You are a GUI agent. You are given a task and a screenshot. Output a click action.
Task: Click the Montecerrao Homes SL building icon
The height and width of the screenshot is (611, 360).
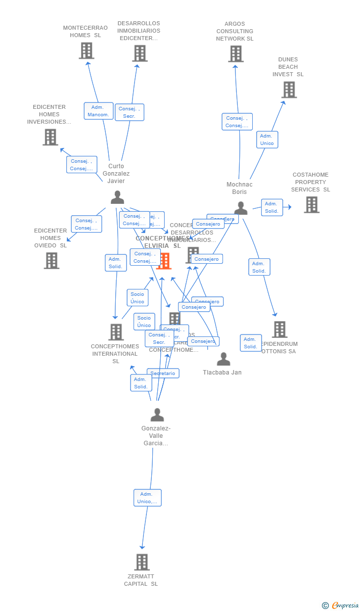(x=87, y=50)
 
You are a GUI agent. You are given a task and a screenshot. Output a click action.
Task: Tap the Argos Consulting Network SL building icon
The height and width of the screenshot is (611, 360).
(x=236, y=54)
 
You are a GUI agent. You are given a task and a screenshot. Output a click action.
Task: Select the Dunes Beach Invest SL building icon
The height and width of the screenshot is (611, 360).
(x=289, y=90)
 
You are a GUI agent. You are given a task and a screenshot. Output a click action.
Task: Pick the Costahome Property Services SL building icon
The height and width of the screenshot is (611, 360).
(x=312, y=204)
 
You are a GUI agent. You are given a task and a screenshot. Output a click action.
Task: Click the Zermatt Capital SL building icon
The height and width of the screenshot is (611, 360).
(x=142, y=562)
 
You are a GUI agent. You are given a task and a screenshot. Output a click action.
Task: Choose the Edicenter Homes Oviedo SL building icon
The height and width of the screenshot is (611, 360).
(x=51, y=260)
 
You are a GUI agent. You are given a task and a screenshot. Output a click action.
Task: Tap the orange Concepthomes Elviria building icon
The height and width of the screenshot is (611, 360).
(x=164, y=261)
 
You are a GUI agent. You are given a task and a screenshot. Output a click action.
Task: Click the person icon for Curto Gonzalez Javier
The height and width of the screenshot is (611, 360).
(x=117, y=197)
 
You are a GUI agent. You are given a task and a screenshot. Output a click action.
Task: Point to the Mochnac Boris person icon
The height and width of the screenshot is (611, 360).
(x=241, y=208)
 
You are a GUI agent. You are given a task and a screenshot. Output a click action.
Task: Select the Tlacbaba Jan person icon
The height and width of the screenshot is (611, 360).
(x=224, y=359)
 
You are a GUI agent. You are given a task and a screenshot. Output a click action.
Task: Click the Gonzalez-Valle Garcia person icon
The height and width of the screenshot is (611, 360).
(x=157, y=415)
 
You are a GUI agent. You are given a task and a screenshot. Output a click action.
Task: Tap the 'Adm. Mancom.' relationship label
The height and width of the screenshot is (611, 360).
(x=98, y=111)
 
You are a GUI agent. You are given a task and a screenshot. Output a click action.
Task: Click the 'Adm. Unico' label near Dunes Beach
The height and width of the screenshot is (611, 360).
(x=267, y=140)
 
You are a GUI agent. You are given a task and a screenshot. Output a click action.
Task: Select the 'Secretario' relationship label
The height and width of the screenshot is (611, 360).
(x=163, y=373)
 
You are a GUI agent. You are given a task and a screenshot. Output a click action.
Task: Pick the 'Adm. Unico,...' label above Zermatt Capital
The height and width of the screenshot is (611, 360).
(x=147, y=498)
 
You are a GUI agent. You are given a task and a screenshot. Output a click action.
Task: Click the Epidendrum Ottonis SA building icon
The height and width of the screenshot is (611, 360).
(x=279, y=329)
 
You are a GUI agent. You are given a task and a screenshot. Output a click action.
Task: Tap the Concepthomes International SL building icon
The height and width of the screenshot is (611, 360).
(x=116, y=332)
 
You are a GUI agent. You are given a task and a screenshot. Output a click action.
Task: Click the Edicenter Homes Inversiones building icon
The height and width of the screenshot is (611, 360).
(x=50, y=137)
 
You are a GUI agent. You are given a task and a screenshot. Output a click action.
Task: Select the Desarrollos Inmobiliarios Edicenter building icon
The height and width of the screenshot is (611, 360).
(x=140, y=53)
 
